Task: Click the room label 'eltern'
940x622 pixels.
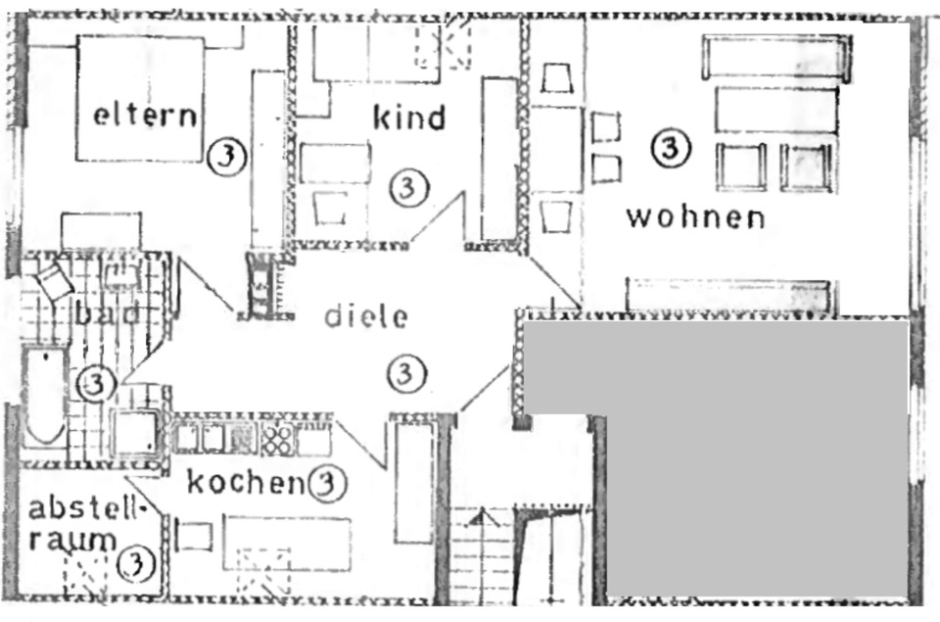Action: tap(144, 116)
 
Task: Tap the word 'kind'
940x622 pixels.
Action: tap(408, 118)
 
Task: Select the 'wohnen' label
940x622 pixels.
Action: tap(695, 215)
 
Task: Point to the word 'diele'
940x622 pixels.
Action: tap(364, 316)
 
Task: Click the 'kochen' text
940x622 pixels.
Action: tap(243, 482)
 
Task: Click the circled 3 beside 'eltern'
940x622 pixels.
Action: tap(226, 155)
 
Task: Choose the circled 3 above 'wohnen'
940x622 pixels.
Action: tap(671, 149)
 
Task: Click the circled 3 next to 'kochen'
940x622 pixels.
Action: tap(327, 482)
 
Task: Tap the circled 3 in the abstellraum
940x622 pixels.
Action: tap(135, 563)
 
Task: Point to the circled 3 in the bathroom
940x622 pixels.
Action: tap(96, 382)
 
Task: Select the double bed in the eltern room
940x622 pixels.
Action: tap(140, 98)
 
